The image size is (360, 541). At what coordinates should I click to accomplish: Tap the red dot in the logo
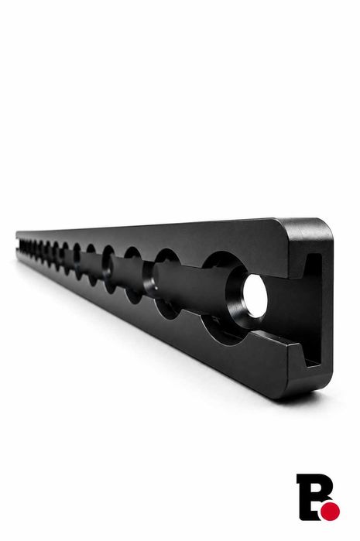(330, 511)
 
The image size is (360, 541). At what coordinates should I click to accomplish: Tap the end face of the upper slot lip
(297, 265)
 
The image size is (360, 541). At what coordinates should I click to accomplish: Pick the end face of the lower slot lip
(296, 355)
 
